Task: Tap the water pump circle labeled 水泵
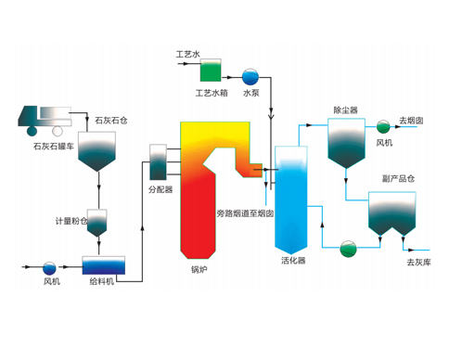pos(250,77)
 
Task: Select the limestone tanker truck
pos(44,117)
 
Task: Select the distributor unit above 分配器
pos(156,161)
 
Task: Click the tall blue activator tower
pos(291,199)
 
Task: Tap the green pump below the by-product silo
pos(349,247)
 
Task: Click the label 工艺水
pos(189,55)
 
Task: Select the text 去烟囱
pos(411,121)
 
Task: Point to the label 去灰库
pos(420,264)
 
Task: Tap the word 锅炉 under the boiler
pos(200,271)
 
